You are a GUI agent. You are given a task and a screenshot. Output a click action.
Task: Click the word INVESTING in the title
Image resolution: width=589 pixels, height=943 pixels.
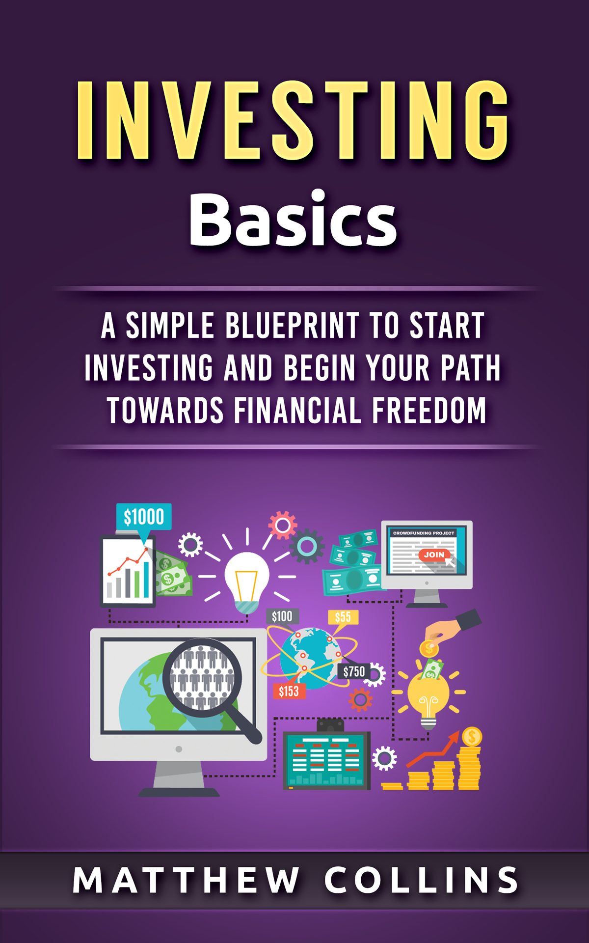point(294,121)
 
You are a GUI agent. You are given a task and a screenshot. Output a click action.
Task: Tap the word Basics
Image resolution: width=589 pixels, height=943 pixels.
point(293,219)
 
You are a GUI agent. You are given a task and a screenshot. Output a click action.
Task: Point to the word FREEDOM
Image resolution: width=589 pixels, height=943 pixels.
point(429,410)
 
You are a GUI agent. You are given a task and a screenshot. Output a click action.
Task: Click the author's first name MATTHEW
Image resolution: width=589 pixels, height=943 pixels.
point(187,880)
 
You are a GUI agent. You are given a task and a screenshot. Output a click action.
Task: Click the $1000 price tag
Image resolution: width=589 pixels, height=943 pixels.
point(144,517)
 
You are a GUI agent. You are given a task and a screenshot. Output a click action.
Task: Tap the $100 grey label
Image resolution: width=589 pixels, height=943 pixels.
point(282,616)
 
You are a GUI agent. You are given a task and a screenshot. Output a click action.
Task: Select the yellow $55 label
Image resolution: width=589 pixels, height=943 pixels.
point(343,617)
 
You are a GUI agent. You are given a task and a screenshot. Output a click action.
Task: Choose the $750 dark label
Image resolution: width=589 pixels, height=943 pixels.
point(353,671)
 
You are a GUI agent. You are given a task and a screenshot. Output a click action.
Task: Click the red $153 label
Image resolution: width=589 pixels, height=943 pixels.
point(289,691)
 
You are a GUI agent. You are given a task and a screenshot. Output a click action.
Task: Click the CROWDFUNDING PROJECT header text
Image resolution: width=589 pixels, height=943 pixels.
point(424,533)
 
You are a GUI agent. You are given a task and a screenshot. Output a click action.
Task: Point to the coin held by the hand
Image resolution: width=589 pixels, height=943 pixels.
point(429,648)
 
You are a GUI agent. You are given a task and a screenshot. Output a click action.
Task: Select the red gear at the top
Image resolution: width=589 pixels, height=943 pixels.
point(283,525)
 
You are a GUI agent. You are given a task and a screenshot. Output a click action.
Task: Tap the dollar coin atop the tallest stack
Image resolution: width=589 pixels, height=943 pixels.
point(472,737)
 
